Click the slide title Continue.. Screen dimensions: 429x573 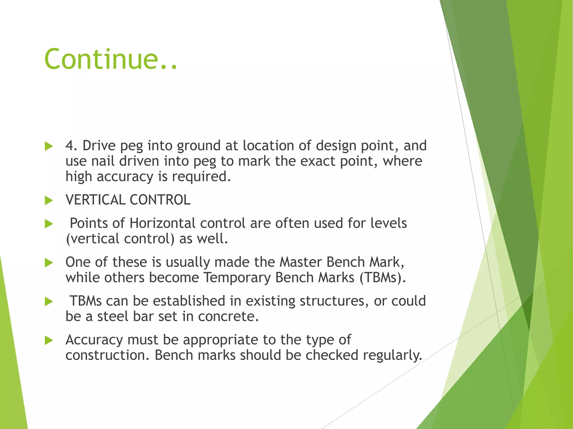pos(111,59)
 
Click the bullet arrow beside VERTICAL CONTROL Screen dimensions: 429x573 pos(49,200)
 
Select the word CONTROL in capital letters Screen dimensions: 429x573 pos(160,200)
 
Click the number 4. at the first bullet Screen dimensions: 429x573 pos(72,146)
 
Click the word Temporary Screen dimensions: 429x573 pos(237,278)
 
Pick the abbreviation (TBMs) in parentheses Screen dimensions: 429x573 pos(382,278)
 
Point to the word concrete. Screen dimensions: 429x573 pos(228,316)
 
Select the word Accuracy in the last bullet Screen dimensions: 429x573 pos(94,340)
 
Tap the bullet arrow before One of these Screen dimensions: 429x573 pos(49,263)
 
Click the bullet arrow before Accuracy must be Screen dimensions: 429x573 pos(49,340)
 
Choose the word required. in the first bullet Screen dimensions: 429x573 pos(201,177)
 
